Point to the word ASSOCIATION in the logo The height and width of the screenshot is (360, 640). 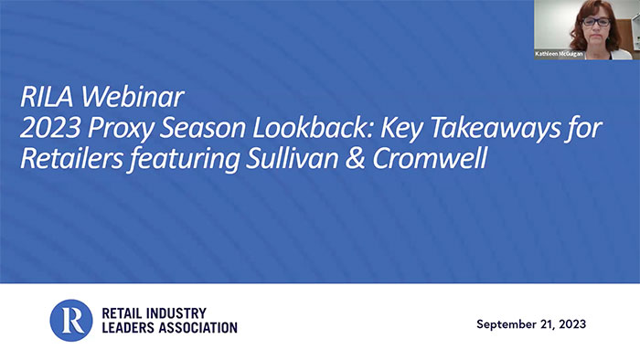click(191, 328)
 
